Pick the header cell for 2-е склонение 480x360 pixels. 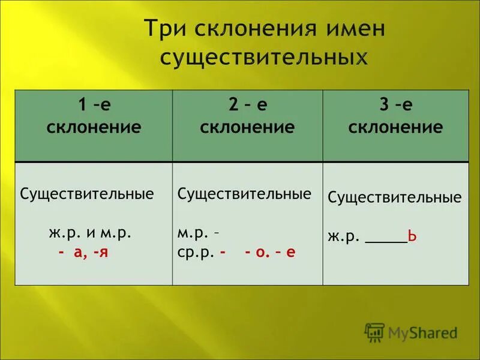point(247,126)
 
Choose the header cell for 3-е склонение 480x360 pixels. point(395,126)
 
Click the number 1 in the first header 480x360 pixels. point(81,106)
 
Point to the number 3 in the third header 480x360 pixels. point(382,106)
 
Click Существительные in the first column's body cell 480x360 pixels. point(87,194)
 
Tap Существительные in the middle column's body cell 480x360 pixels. point(245,194)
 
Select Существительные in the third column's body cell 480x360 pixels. point(395,198)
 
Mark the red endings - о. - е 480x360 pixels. point(270,253)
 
